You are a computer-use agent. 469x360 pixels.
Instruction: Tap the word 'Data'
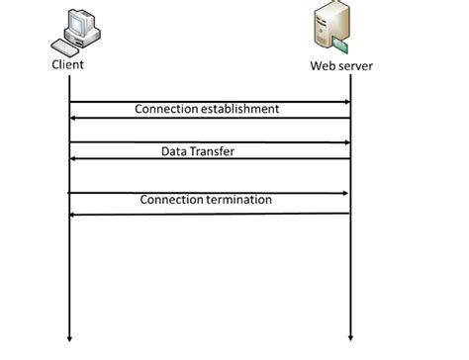point(175,151)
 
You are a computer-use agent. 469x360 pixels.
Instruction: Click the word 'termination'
point(237,201)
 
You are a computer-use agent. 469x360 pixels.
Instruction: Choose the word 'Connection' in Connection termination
point(171,201)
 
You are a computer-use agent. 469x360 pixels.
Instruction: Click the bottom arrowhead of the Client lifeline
point(70,337)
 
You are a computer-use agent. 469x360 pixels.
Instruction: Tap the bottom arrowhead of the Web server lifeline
point(351,337)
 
